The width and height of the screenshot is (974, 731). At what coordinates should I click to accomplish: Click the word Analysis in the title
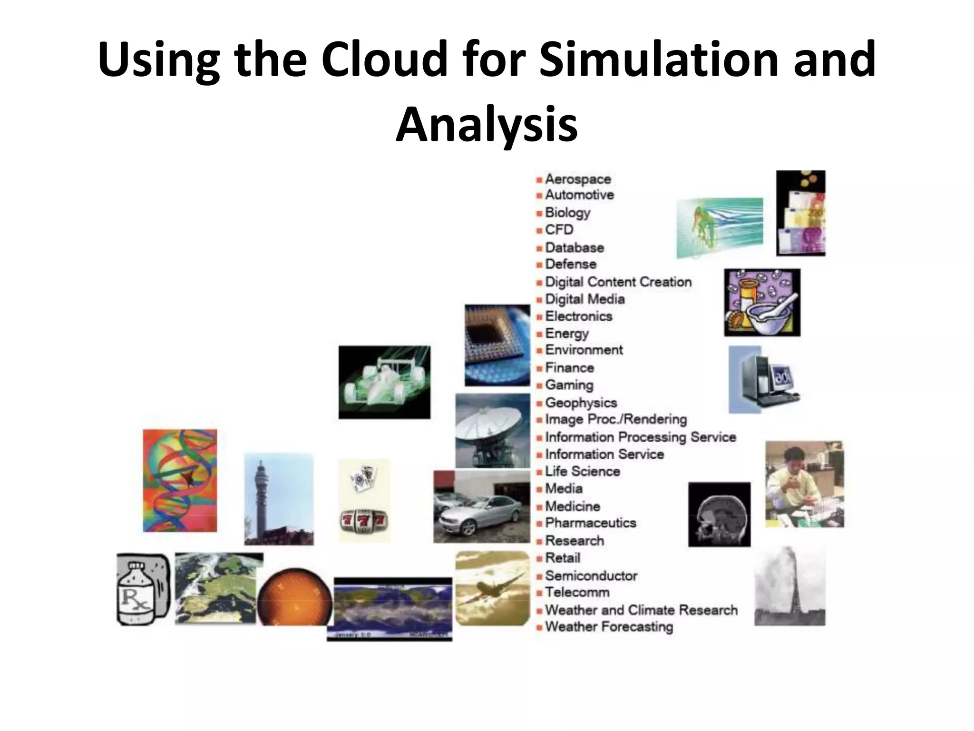487,125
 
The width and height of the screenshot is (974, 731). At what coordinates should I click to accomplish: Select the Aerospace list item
577,179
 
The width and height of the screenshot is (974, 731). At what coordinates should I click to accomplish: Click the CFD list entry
559,230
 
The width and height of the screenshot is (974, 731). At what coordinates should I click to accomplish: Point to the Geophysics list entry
580,403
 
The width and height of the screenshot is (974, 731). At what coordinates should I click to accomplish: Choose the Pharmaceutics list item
590,523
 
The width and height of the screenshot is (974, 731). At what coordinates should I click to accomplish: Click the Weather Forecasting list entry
609,627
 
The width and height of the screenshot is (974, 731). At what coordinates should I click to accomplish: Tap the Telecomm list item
577,593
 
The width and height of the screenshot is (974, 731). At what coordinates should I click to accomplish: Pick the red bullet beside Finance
539,368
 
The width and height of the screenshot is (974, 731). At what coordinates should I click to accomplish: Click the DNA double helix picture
180,481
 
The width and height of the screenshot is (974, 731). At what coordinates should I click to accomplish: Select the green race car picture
384,382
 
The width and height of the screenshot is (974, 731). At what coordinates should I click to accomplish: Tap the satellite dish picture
492,430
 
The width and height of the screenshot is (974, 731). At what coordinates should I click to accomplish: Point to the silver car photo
481,506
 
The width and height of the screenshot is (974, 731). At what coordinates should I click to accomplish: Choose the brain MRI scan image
719,514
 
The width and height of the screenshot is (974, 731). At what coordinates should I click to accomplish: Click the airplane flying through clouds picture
492,588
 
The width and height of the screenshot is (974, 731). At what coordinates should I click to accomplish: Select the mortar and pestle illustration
762,303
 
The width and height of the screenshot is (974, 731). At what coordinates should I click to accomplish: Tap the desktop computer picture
764,380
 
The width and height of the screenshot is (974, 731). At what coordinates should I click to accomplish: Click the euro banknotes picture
800,213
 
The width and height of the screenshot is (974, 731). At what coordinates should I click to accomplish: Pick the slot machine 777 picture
364,500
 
